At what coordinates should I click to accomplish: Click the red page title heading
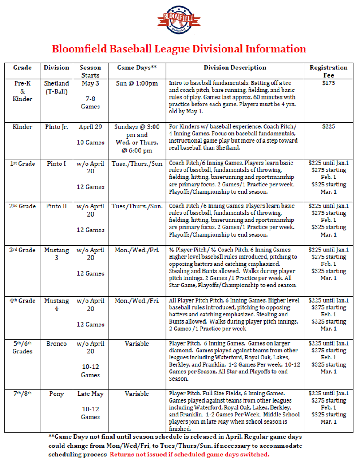[179, 49]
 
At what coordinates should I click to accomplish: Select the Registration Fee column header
[328, 71]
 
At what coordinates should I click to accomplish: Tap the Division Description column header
[235, 68]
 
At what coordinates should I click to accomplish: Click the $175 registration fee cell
[328, 83]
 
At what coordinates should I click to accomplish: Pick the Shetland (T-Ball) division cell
[56, 87]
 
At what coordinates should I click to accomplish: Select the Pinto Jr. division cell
[56, 127]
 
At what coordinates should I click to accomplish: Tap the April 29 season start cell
[90, 127]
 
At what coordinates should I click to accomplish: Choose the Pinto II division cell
[56, 206]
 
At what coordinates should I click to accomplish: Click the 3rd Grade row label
[22, 250]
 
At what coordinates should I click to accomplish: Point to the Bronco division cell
[56, 344]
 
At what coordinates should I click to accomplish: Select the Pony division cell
[56, 394]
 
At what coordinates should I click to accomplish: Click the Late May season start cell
[90, 394]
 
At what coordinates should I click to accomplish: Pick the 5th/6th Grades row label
[22, 347]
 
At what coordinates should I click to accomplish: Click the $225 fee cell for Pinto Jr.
[328, 127]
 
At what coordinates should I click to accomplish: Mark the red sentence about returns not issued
[189, 455]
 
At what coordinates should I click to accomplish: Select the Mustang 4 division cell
[56, 304]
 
